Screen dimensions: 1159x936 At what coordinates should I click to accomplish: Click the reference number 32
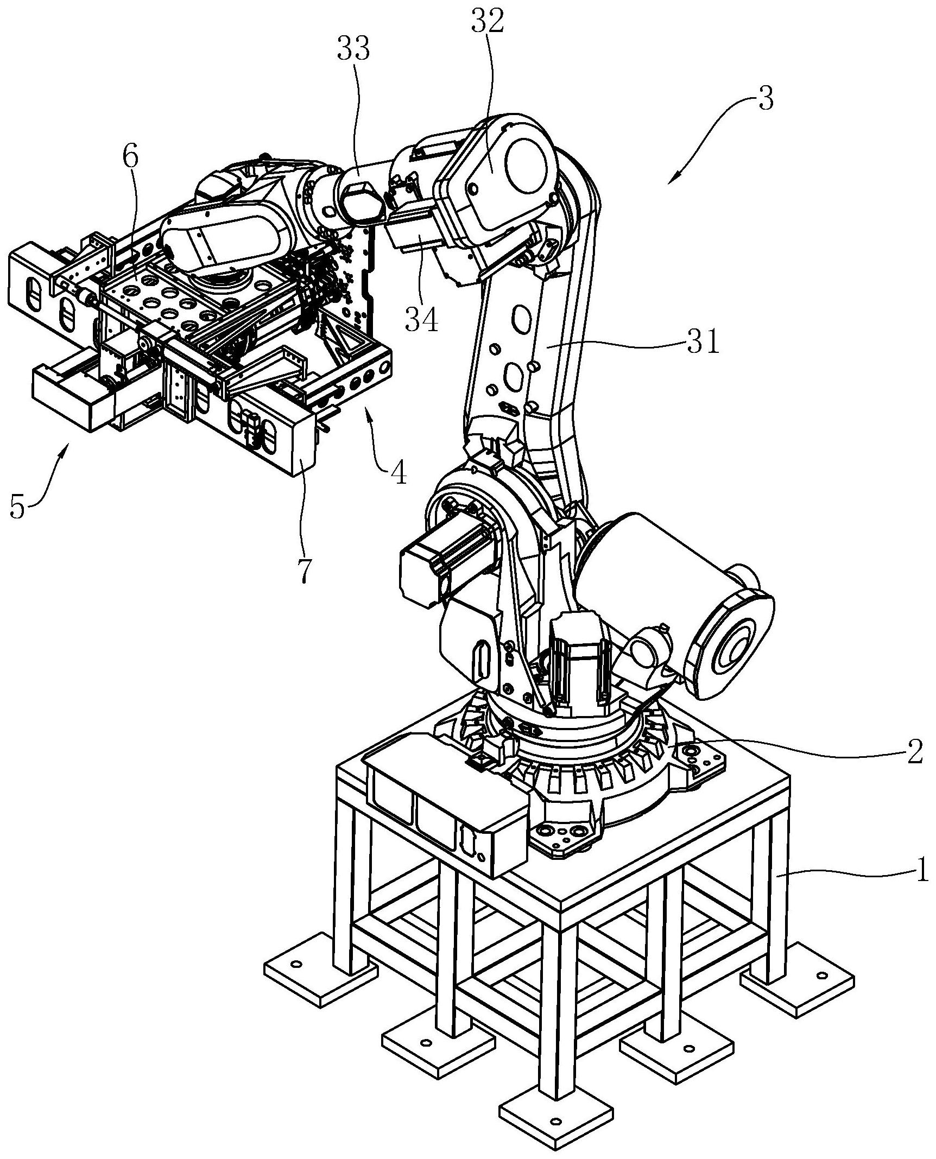pos(488,22)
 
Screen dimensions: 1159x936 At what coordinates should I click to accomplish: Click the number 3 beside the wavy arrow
pos(765,101)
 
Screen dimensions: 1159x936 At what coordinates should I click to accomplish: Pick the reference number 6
pos(130,157)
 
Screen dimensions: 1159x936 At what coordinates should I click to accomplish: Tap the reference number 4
pos(399,473)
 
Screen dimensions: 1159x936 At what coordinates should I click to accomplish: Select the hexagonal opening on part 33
pos(361,206)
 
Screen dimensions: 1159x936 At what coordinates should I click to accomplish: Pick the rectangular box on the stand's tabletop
pos(445,809)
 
